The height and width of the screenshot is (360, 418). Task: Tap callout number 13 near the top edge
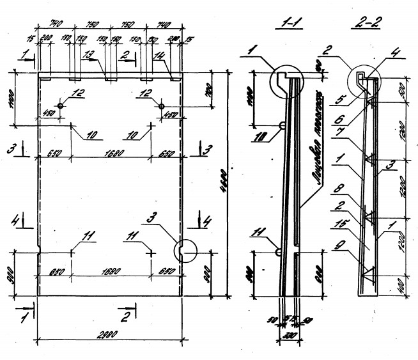tap(88, 55)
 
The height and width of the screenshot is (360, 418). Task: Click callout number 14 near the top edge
tap(159, 56)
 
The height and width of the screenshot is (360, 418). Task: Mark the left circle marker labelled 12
tap(61, 106)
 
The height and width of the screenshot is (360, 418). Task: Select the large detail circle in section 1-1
tap(288, 82)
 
